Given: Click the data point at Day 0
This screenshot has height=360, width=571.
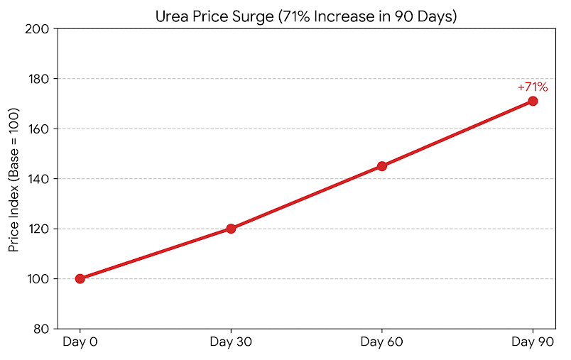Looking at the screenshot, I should click(80, 278).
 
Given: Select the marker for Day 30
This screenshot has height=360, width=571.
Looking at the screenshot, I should click(231, 229).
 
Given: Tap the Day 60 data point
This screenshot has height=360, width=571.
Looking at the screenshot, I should click(382, 166).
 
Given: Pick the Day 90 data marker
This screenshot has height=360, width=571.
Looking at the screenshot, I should click(533, 101).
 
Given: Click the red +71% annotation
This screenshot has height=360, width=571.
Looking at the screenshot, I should click(532, 87).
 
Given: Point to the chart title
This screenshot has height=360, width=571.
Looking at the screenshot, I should click(306, 16).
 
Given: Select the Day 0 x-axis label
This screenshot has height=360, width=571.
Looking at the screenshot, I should click(80, 343).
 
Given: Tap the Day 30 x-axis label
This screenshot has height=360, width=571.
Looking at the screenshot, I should click(231, 343).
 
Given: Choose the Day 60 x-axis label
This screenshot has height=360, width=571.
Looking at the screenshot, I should click(382, 343).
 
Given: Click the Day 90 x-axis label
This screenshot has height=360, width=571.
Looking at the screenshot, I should click(533, 343).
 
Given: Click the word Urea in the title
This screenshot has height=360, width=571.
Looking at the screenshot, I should click(170, 16).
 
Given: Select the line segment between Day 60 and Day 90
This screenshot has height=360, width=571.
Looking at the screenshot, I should click(457, 133).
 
